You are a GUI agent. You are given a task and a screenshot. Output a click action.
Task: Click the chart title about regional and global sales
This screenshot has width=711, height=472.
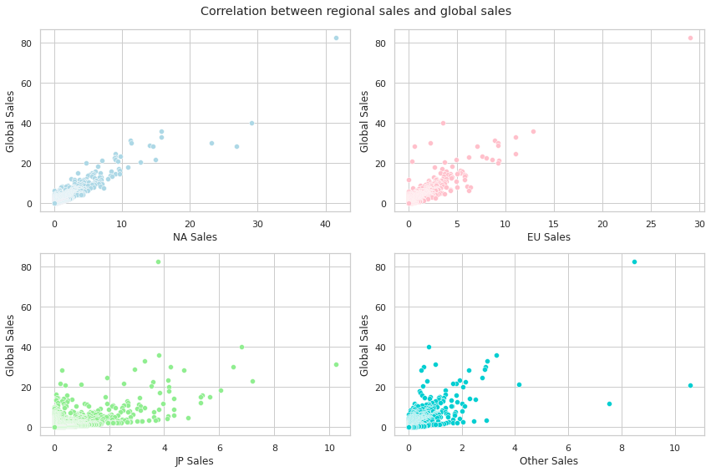tap(355, 11)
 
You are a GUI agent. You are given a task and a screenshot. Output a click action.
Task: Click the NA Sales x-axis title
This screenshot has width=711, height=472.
tap(195, 237)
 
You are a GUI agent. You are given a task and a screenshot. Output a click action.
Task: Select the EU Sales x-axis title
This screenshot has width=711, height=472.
tap(549, 237)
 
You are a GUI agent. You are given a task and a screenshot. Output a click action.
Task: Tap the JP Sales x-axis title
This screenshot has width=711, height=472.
tap(195, 461)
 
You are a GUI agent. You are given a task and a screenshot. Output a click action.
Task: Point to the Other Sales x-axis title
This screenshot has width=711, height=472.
tap(549, 461)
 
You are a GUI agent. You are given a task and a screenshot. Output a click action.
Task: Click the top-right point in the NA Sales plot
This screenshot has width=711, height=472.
tap(336, 38)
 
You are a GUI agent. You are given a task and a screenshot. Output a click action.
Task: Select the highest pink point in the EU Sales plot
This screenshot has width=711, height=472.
tap(690, 38)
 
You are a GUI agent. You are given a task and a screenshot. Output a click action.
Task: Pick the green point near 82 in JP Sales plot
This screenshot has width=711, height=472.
tap(158, 261)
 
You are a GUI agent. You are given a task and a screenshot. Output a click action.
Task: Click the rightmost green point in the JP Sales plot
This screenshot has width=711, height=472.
tap(336, 364)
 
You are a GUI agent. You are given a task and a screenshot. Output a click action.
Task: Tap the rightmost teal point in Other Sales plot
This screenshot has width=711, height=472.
tap(690, 385)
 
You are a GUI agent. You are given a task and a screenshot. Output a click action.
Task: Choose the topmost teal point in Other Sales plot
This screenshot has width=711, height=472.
tap(634, 261)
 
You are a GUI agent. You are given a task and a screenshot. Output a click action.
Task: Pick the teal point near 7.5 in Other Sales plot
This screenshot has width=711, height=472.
tap(609, 403)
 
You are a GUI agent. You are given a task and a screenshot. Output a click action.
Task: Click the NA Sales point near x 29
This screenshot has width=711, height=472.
tap(251, 123)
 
